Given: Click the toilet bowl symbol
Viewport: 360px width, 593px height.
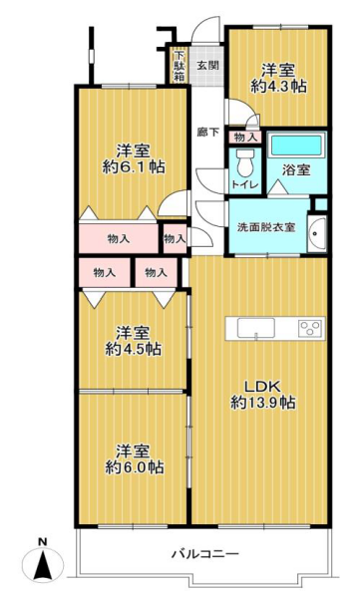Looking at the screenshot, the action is [x=245, y=161].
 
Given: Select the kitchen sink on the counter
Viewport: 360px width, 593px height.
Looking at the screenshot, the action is [x=256, y=328].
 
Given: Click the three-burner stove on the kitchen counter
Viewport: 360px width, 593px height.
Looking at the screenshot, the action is [x=310, y=328].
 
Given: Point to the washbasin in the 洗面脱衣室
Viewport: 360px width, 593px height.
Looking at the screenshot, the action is [x=316, y=233].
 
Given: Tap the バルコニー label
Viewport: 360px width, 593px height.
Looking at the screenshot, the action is [x=205, y=554].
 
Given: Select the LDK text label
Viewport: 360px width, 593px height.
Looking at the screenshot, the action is [x=262, y=387].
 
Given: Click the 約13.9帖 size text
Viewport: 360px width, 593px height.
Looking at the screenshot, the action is [x=263, y=403].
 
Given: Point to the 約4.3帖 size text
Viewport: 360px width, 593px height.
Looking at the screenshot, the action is [x=278, y=87].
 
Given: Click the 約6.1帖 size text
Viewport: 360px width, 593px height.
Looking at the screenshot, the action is [x=134, y=166].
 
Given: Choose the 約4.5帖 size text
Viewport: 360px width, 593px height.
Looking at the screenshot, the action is [x=134, y=349].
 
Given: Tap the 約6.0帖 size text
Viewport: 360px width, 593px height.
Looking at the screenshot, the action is [x=134, y=467].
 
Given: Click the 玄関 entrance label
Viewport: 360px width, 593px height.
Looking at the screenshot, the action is [x=207, y=65].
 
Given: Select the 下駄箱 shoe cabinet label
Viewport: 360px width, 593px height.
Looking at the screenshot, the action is [x=180, y=66].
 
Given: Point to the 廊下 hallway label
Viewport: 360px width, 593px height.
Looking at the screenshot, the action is [x=207, y=133].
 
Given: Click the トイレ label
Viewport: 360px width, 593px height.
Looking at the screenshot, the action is [x=245, y=185].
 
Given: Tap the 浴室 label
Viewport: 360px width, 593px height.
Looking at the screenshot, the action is [x=296, y=169].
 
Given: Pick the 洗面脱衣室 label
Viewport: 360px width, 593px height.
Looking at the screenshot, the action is [x=266, y=227].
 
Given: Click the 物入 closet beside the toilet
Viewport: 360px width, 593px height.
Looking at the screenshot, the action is [x=245, y=137].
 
